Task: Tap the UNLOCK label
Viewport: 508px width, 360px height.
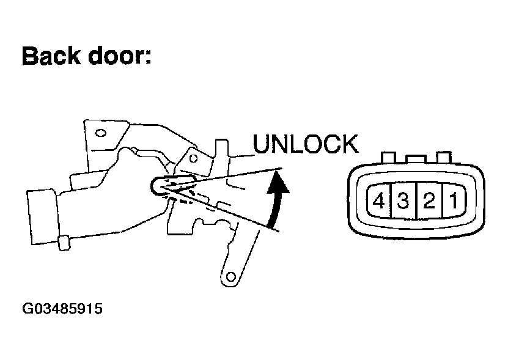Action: [x=305, y=145]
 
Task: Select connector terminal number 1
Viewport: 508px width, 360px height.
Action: [x=454, y=200]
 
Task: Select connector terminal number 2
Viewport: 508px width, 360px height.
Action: [x=429, y=200]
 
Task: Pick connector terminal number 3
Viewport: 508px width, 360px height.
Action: [x=403, y=200]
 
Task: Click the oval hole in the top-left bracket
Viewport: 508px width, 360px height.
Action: [x=100, y=131]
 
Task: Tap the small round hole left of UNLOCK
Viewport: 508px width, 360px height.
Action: [x=193, y=158]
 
